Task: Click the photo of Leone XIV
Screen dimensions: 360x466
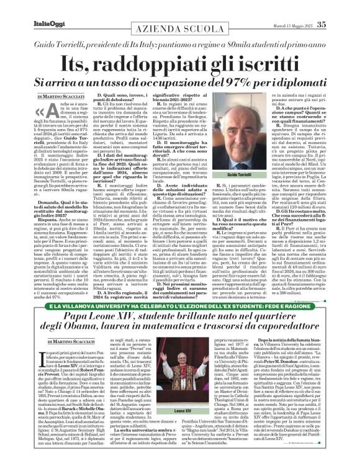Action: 180,372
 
